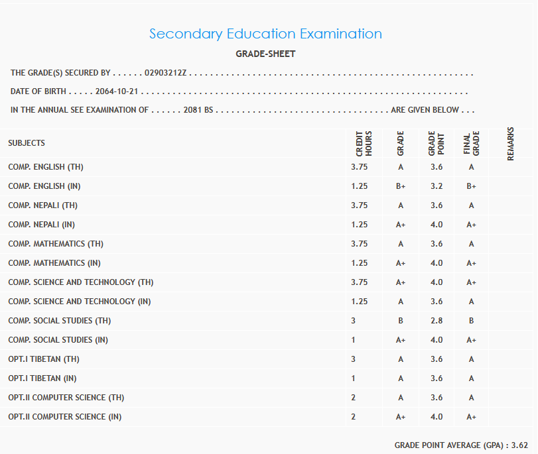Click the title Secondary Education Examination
265,34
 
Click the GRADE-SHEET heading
265,54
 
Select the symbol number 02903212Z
166,73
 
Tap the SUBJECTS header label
27,143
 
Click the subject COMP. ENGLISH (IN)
44,186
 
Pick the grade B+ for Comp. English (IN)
401,186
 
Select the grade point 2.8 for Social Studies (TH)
436,321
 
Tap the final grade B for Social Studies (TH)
471,321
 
